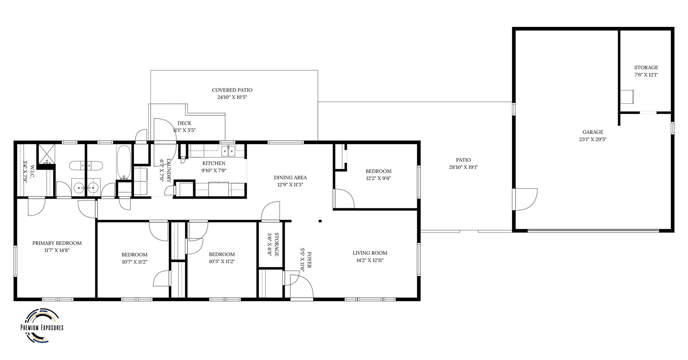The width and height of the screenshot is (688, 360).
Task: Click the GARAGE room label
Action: (593, 132)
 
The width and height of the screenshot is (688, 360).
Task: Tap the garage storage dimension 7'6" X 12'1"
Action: (646, 75)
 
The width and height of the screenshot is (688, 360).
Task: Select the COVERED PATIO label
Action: (232, 90)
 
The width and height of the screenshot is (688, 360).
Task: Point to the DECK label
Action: (184, 123)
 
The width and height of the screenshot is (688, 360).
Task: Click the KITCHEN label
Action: (214, 163)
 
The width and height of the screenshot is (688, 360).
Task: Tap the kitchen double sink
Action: (228, 151)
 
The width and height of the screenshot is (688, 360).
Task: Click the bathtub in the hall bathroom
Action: (124, 162)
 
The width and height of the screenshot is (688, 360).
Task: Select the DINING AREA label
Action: (290, 177)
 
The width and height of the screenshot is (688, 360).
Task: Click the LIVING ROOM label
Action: (370, 253)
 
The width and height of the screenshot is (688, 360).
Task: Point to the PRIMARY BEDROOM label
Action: (57, 243)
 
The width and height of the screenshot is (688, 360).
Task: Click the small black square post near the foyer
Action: (320, 221)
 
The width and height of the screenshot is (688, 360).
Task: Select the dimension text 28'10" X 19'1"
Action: (463, 167)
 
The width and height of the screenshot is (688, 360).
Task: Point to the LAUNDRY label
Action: (168, 171)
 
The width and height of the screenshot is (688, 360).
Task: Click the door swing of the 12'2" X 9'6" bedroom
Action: (344, 199)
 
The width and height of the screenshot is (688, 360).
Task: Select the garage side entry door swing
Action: (525, 199)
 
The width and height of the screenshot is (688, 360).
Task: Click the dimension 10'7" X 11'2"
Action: (134, 262)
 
